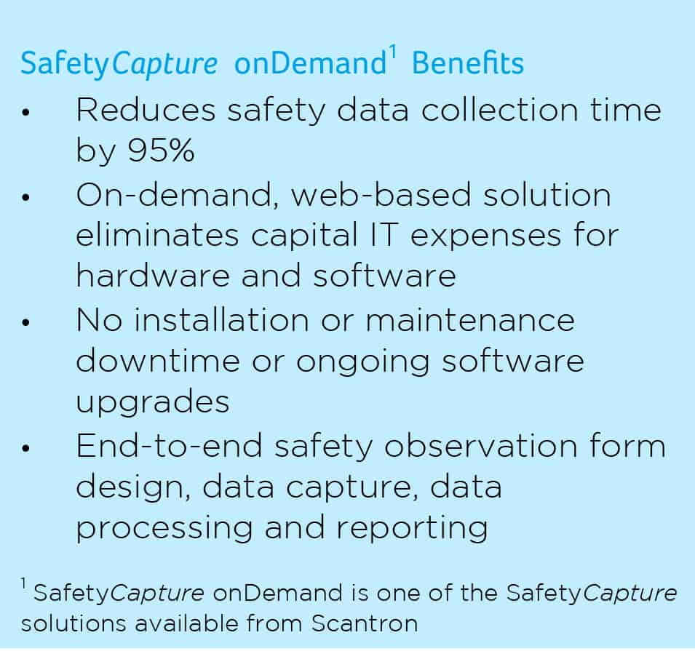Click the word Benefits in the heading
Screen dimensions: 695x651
point(468,63)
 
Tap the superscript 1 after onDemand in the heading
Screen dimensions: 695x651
point(394,52)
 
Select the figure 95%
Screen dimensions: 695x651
point(162,150)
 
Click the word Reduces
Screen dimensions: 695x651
point(146,109)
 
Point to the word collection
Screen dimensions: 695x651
point(499,109)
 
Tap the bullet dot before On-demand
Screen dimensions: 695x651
point(25,196)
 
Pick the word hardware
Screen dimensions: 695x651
point(153,275)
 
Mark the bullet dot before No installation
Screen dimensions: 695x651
point(25,322)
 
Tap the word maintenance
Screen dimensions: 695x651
point(470,320)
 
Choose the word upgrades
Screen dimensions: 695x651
point(153,402)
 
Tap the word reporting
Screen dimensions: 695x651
point(412,529)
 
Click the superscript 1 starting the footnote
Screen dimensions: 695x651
point(23,583)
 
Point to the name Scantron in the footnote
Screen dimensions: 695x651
point(365,623)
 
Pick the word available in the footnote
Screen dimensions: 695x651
point(186,623)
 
